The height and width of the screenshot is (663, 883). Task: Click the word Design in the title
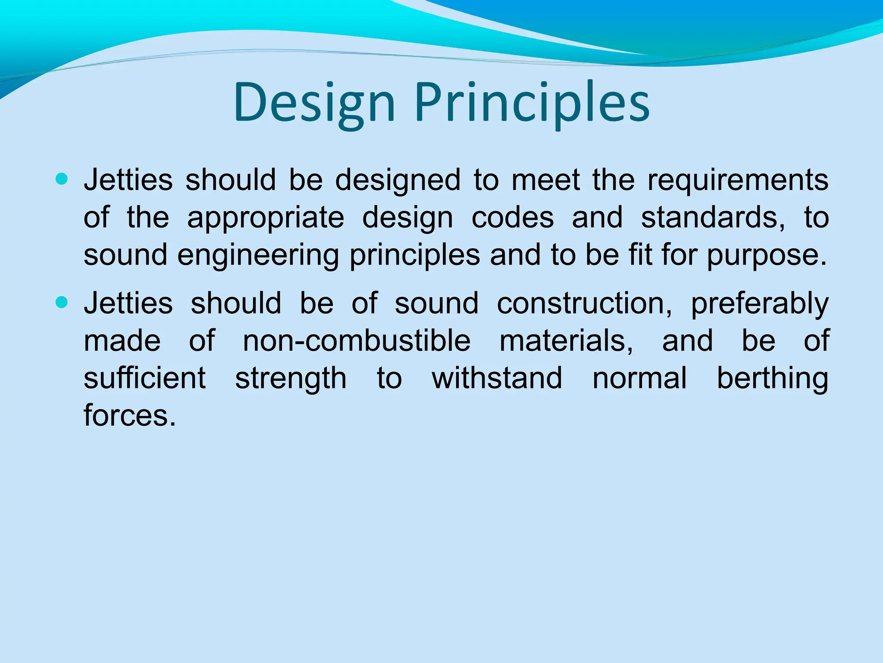[314, 104]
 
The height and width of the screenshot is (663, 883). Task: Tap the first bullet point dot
[62, 179]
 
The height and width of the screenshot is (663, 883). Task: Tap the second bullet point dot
[62, 302]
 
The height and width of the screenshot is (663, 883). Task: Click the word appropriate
[266, 218]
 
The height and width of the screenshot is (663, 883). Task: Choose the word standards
[713, 218]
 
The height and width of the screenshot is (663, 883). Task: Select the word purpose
[766, 256]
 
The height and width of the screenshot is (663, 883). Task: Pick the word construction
[584, 303]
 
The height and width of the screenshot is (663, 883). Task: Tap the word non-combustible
[357, 341]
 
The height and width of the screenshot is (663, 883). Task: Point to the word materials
[566, 341]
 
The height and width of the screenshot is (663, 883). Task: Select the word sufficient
[145, 378]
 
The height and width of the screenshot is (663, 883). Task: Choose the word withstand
[497, 378]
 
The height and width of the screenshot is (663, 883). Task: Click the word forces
[130, 415]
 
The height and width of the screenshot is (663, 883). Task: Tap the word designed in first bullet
[398, 180]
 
